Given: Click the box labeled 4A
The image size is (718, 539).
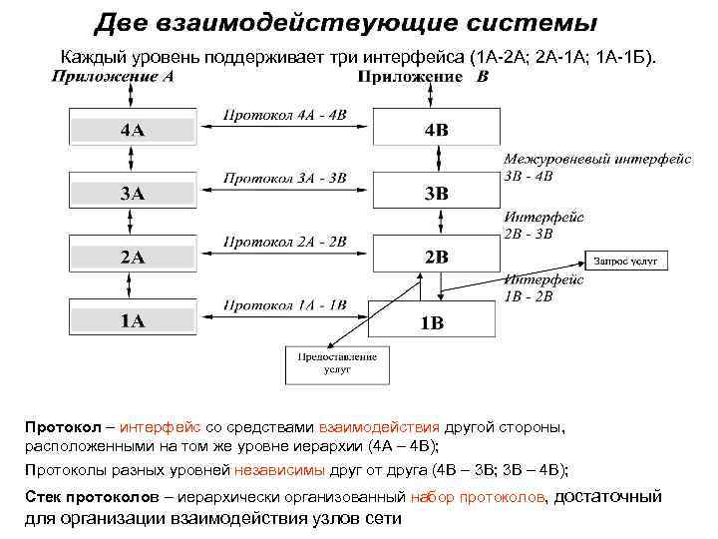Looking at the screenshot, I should pos(131,130).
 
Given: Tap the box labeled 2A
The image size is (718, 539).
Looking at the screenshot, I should pos(131,257).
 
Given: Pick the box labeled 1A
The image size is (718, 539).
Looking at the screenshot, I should pos(131,320).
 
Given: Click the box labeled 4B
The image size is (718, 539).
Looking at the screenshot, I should pos(436,130).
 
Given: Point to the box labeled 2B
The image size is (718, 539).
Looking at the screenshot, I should pos(436,257).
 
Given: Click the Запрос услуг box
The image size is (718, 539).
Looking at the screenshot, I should pos(630,262).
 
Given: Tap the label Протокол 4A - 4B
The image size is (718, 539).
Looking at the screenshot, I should pos(285,115).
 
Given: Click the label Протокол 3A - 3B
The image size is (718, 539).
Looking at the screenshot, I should pos(285,179).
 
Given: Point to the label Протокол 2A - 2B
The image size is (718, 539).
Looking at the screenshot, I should pos(285,242).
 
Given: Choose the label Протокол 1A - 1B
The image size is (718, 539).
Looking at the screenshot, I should pos(285,304).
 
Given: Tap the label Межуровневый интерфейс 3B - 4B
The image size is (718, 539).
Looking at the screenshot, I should pos(568,167).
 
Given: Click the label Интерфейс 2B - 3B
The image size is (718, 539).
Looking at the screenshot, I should pos(543,225).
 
